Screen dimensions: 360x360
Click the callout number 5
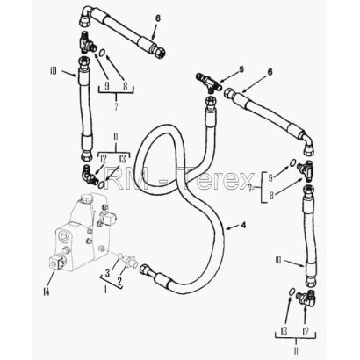point(241,69)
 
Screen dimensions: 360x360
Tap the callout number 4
point(243,225)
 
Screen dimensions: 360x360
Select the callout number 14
point(46,292)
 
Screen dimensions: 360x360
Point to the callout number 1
point(105,290)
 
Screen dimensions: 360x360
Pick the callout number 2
point(119,282)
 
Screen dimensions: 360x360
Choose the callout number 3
point(107,273)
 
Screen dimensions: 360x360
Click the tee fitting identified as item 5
point(208,83)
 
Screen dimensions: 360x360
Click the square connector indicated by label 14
point(57,262)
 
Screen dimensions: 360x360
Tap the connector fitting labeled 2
point(130,260)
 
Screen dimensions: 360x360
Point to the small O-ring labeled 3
point(119,256)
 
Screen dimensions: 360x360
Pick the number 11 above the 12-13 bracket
point(115,137)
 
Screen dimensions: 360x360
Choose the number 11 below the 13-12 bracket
point(296,350)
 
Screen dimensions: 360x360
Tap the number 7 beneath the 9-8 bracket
point(116,106)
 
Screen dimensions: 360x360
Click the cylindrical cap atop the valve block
point(86,198)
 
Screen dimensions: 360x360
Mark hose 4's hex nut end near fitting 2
point(146,269)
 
